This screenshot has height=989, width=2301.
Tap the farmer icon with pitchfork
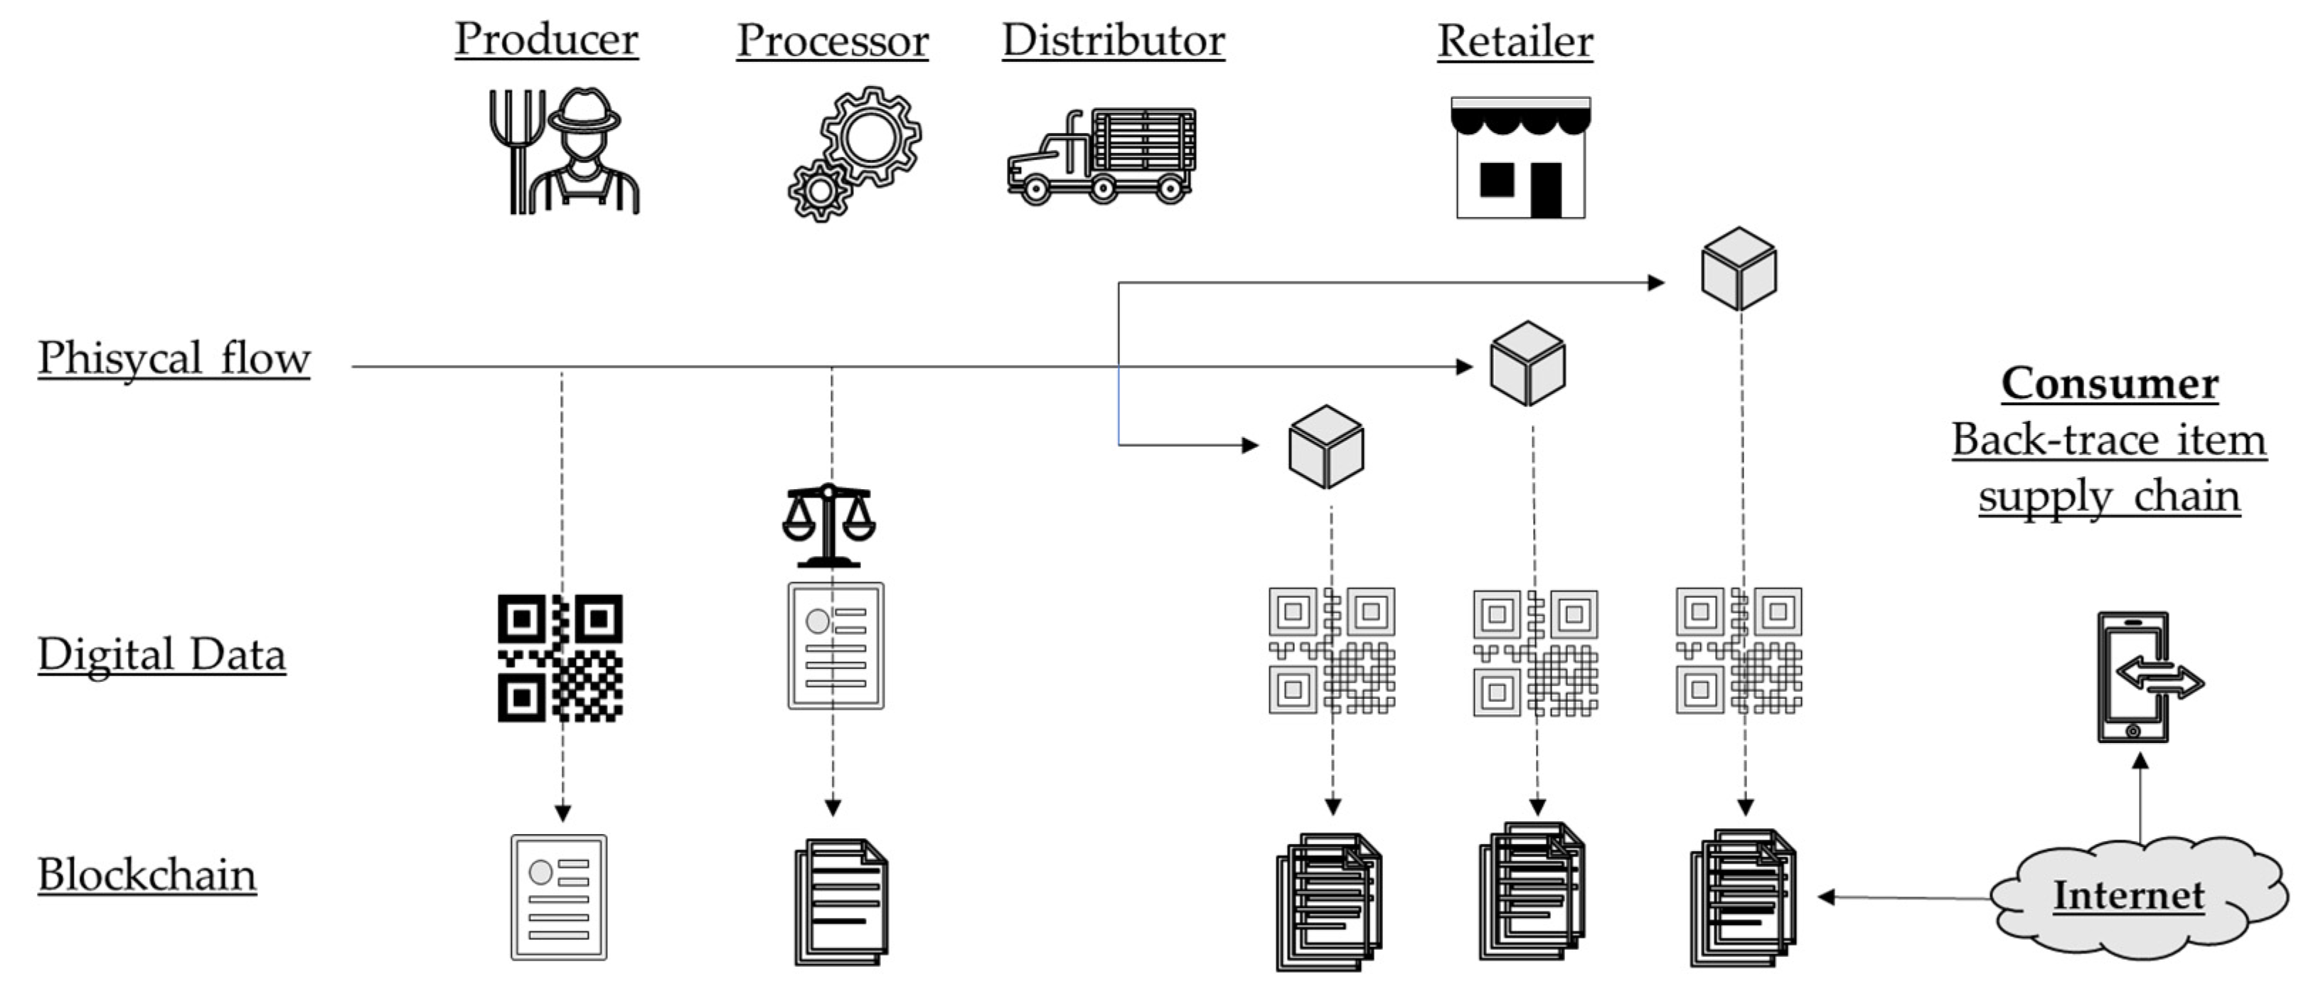pos(565,152)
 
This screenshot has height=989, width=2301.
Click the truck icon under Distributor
pos(1101,157)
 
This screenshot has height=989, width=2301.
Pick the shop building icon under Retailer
pos(1520,158)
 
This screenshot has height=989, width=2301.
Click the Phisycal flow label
pos(173,358)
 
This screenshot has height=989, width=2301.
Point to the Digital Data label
pos(161,654)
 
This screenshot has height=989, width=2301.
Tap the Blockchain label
pos(146,875)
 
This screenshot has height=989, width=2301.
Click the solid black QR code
pos(560,658)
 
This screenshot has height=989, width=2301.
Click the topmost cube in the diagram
pos(1739,268)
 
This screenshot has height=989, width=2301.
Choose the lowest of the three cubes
pos(1325,446)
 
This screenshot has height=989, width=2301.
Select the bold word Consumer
pos(2109,383)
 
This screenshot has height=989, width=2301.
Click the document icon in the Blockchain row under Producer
pos(558,897)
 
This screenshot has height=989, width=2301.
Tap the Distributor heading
pos(1113,41)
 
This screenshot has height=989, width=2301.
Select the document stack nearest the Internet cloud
pos(1742,897)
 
